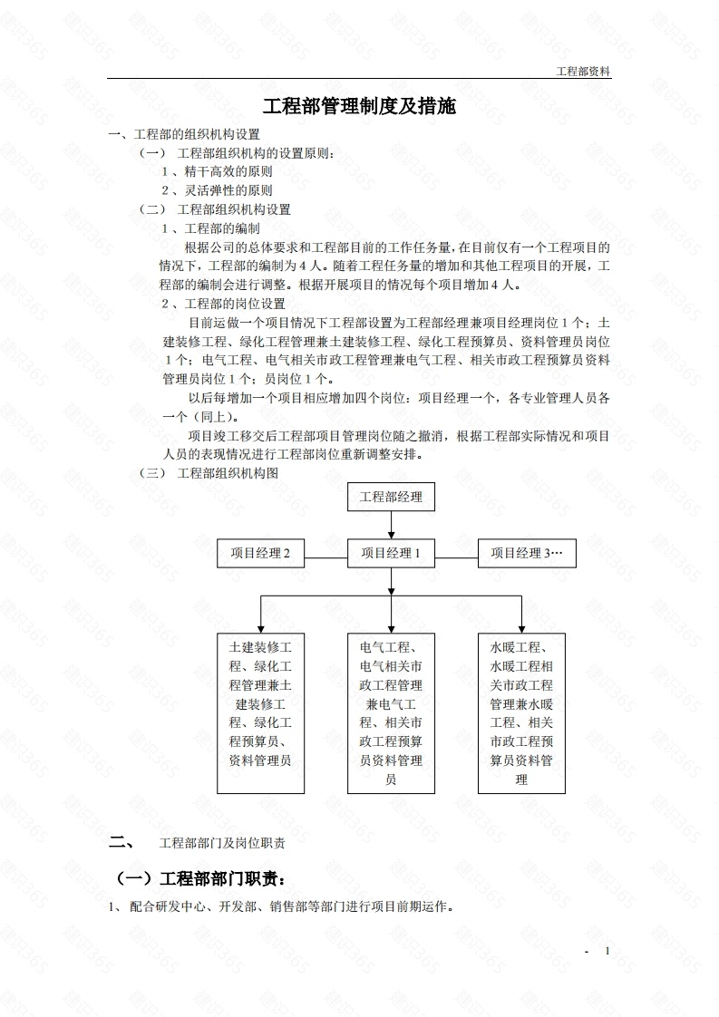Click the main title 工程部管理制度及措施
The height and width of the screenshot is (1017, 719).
[x=359, y=107]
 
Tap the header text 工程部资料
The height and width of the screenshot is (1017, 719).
[x=583, y=71]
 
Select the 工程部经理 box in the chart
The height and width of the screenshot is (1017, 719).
[x=391, y=497]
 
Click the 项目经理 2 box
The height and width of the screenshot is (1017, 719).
[x=260, y=553]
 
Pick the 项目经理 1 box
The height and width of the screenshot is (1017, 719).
[x=391, y=553]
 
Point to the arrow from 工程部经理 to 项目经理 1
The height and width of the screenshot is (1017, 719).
[x=391, y=526]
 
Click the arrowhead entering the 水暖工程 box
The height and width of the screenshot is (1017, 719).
[x=521, y=626]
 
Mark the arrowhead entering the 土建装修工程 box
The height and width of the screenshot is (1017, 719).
[x=260, y=626]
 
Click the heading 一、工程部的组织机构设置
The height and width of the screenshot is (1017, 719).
[x=185, y=134]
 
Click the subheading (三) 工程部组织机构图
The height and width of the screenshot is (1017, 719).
[x=209, y=473]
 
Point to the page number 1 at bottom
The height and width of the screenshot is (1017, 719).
[x=607, y=951]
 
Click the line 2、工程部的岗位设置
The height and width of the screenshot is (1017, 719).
[x=223, y=304]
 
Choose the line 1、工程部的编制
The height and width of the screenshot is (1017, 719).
[x=210, y=228]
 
